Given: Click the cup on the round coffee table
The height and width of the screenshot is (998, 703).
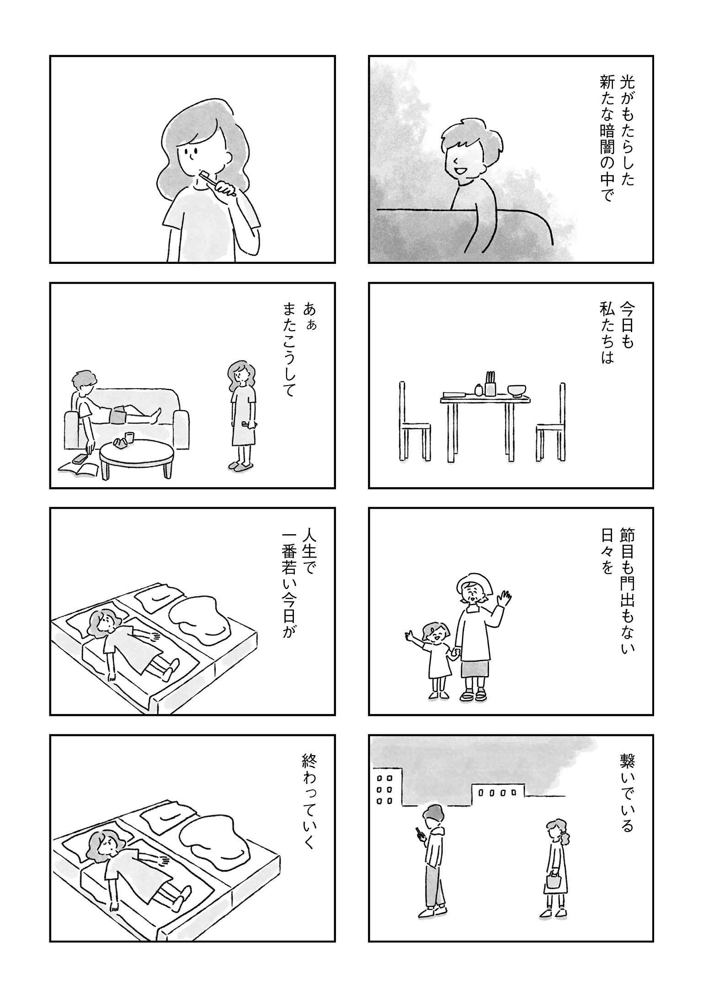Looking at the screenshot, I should [x=129, y=437].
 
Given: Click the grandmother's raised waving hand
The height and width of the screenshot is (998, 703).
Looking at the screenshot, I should [x=505, y=598].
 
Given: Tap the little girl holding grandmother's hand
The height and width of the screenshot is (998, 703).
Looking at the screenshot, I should [x=436, y=658].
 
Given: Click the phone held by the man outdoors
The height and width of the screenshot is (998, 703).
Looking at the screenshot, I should [x=418, y=832].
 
